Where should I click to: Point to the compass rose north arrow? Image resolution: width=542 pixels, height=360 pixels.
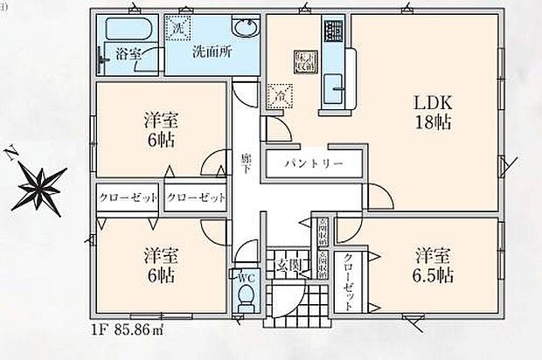[x=40, y=185]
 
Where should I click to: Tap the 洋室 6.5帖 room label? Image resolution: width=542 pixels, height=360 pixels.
[x=434, y=266]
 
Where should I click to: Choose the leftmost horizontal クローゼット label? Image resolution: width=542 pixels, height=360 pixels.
[x=128, y=197]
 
